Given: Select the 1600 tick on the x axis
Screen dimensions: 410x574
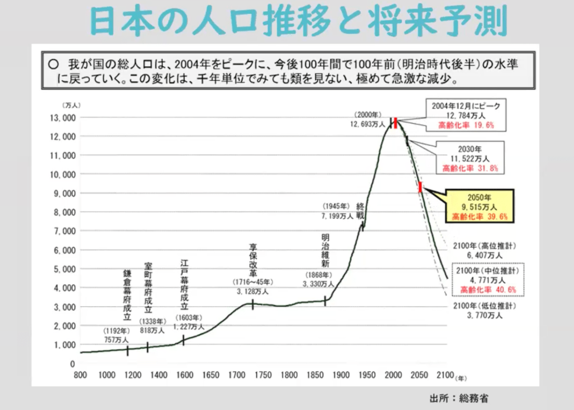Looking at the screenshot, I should click(x=185, y=375).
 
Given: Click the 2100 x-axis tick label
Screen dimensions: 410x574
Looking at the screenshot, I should click(x=444, y=375).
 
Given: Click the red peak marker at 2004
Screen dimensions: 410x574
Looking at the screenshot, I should click(x=396, y=122).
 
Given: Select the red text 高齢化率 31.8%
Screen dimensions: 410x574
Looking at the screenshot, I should click(x=470, y=168).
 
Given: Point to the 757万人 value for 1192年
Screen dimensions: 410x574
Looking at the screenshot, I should click(x=117, y=340).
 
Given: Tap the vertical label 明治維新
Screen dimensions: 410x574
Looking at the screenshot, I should click(x=325, y=250).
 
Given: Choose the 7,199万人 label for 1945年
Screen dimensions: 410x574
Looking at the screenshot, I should click(x=337, y=215).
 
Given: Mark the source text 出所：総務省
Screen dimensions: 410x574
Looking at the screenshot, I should click(x=459, y=399).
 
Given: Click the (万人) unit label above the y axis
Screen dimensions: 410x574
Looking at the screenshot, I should click(x=72, y=105).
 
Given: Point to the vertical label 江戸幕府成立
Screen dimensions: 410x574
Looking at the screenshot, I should click(x=185, y=285).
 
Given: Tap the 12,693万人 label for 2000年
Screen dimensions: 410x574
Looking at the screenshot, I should click(x=368, y=124).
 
